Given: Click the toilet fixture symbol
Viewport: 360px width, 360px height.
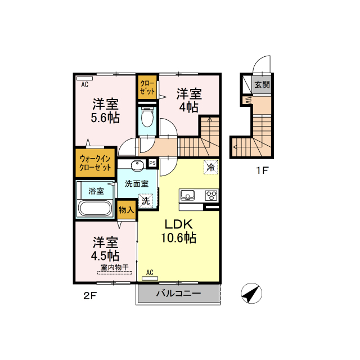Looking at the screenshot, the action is (x=147, y=117).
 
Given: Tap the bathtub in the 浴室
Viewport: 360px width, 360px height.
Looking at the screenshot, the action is (x=95, y=208).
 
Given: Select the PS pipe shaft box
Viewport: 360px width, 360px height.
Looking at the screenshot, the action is (x=152, y=163).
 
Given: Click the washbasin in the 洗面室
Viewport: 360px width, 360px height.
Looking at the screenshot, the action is (x=137, y=165).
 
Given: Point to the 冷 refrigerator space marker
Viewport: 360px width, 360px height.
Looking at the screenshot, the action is (x=211, y=167).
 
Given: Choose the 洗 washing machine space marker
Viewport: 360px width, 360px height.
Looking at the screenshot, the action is (x=146, y=201).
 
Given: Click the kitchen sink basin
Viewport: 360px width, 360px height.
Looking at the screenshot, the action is (x=187, y=195).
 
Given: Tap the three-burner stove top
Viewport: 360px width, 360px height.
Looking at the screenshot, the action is (x=211, y=195).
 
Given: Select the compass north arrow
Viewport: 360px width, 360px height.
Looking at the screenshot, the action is (x=251, y=293).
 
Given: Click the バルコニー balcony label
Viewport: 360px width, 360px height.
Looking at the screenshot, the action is (x=179, y=293).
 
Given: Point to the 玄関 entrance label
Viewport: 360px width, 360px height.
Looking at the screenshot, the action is (x=262, y=84).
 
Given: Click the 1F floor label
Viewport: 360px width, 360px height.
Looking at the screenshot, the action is (x=262, y=170).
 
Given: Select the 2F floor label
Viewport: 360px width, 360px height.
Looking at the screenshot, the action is (x=89, y=296).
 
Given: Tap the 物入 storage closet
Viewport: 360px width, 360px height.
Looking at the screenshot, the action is (x=126, y=210).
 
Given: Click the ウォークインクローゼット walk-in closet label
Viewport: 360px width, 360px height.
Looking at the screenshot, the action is (x=95, y=163).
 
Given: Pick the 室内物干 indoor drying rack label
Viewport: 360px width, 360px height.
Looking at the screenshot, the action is (x=115, y=267).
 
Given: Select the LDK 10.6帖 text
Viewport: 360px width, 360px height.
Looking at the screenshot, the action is (x=179, y=231).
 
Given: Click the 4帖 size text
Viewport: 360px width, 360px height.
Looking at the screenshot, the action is (x=189, y=107).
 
